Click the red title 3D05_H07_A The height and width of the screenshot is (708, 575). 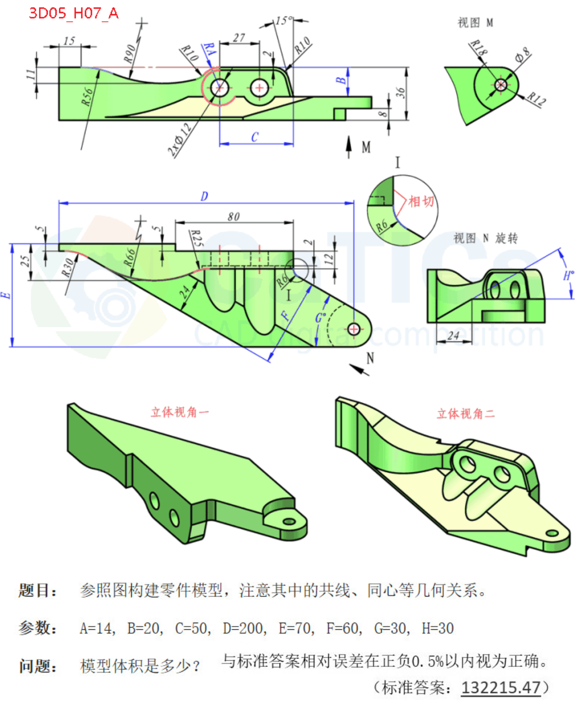tap(74, 13)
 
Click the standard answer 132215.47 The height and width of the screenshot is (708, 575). tap(501, 687)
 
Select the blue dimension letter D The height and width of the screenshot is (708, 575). tap(204, 196)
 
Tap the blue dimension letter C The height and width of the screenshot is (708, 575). tap(254, 137)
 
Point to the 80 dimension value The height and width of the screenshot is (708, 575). tap(234, 216)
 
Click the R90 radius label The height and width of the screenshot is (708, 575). tap(129, 54)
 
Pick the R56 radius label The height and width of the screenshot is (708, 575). tap(87, 96)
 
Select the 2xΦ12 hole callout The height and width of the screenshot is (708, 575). tap(180, 140)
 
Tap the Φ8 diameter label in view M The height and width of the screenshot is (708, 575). tap(522, 55)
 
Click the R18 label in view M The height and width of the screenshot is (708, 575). tap(478, 48)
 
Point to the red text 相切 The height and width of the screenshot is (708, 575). tap(421, 202)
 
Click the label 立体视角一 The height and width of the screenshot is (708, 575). tap(180, 412)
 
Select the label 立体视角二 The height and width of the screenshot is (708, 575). tap(466, 414)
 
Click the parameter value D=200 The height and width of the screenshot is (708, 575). tap(245, 628)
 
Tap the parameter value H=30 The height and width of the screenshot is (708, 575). tap(437, 628)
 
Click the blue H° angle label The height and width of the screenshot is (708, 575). tap(568, 276)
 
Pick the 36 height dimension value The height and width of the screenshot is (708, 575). tap(400, 92)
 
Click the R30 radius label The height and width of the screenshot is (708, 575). tap(67, 268)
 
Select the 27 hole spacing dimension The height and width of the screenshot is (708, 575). tap(239, 38)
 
